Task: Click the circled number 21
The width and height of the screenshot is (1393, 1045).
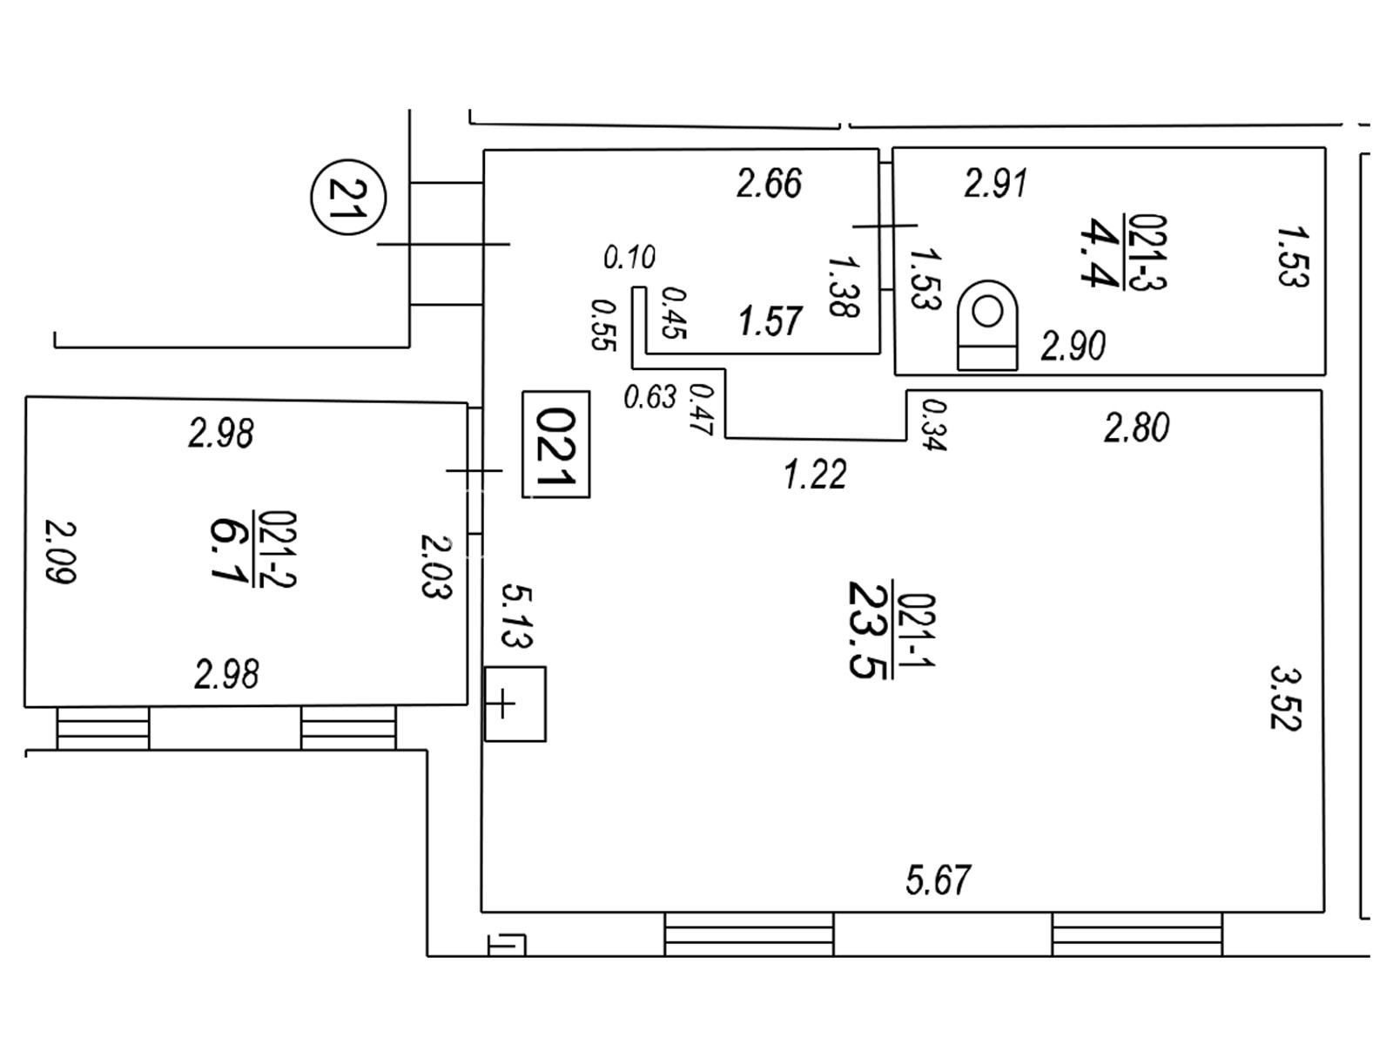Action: pos(347,197)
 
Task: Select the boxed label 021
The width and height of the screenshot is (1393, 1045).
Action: pos(555,444)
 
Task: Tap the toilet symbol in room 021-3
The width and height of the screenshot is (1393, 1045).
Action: pos(987,324)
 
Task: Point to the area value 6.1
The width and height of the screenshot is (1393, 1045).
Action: pos(229,550)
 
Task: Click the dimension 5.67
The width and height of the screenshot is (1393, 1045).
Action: pos(939,880)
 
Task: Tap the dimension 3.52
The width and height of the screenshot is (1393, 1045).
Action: pos(1285,698)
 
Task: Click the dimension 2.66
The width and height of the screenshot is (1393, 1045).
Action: pos(769,184)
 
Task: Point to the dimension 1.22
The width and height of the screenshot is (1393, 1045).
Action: pos(815,475)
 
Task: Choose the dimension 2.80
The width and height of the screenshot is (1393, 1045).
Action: pos(1136,428)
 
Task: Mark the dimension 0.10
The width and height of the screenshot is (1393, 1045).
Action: pos(629,258)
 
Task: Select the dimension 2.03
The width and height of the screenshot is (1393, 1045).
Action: pos(436,566)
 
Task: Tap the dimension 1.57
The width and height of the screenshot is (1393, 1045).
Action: pos(770,321)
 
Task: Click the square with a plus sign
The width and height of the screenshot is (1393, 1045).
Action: pos(515,704)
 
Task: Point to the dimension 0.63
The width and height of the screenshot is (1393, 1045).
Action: pos(649,397)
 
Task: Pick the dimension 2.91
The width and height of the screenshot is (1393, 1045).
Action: pos(996,184)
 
